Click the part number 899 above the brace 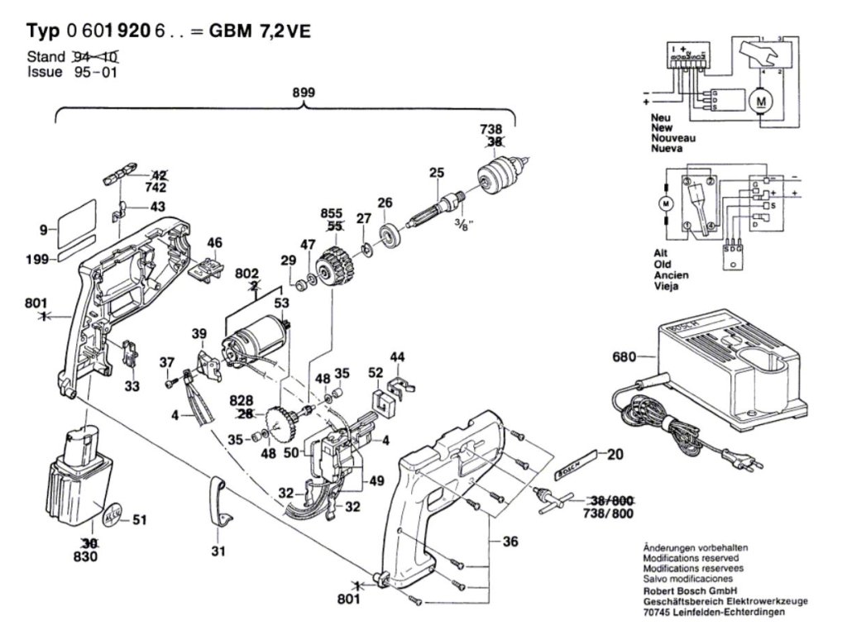point(303,93)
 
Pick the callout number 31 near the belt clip point(218,551)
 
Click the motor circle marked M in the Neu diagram point(758,101)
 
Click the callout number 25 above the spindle point(437,173)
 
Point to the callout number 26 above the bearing point(385,202)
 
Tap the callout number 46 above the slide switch point(214,242)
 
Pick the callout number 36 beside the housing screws point(510,542)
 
